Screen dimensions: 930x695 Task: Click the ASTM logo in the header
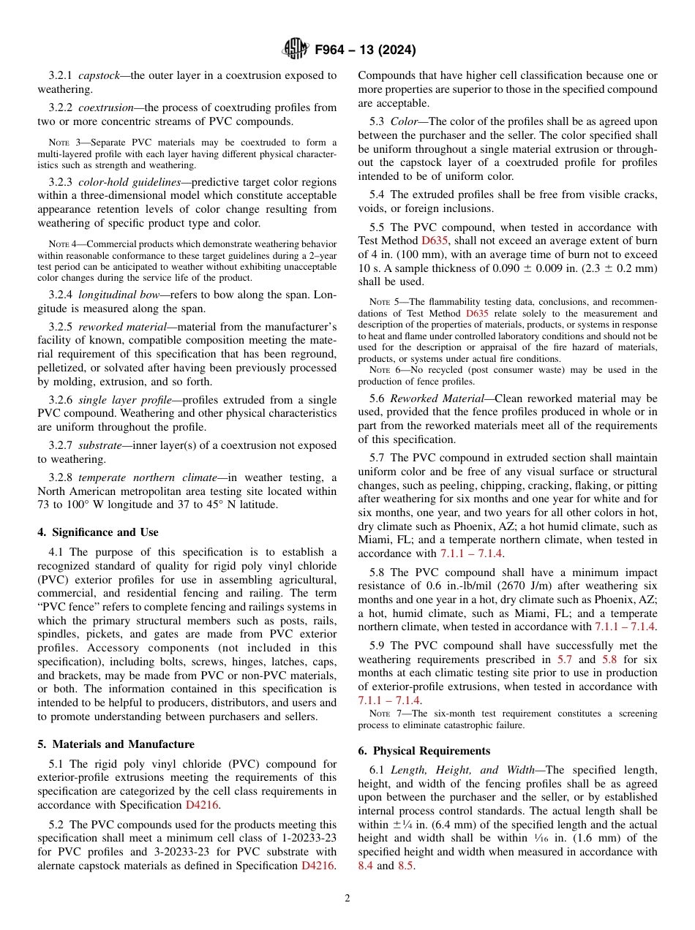pos(296,50)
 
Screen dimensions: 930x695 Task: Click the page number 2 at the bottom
pos(347,898)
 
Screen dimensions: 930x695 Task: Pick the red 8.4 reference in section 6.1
pos(365,866)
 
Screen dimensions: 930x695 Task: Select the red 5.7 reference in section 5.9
pos(565,659)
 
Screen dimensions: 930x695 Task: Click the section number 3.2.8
pos(63,477)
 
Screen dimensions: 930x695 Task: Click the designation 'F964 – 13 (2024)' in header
pos(365,50)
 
